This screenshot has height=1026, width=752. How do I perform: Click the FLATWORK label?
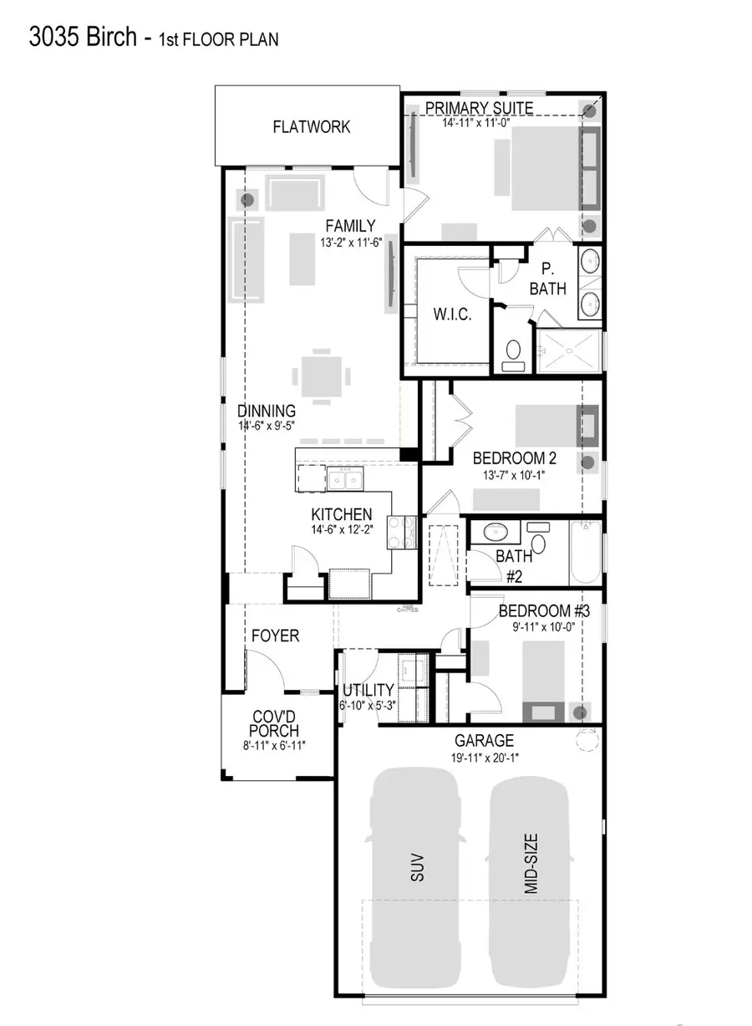pyautogui.click(x=311, y=127)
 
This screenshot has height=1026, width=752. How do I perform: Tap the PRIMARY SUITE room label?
pyautogui.click(x=479, y=108)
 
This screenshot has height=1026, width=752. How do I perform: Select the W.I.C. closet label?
pyautogui.click(x=452, y=314)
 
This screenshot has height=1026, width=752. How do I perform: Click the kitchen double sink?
pyautogui.click(x=344, y=480)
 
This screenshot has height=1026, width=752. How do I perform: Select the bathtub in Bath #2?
pyautogui.click(x=585, y=553)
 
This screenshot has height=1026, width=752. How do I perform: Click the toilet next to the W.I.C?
pyautogui.click(x=512, y=352)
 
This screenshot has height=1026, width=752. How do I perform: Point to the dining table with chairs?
pyautogui.click(x=321, y=375)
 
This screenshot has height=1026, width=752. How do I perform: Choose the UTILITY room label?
pyautogui.click(x=368, y=690)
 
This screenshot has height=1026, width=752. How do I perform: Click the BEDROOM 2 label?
pyautogui.click(x=514, y=458)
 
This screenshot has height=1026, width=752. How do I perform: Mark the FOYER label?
pyautogui.click(x=275, y=636)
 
